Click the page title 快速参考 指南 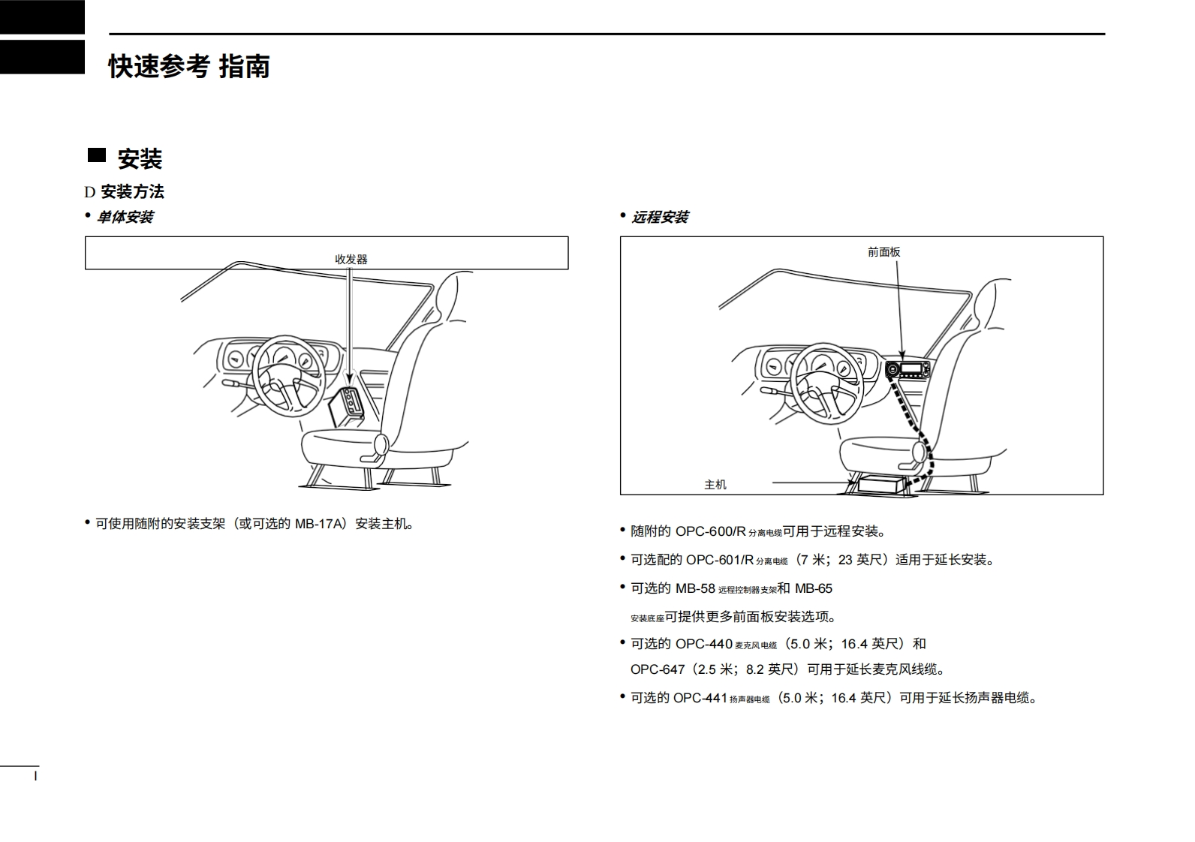189,66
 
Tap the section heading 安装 140,158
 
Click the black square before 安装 97,155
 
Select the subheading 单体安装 125,217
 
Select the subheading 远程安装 660,217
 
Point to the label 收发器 351,259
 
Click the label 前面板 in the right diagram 883,252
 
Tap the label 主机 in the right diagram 715,485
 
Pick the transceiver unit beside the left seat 347,405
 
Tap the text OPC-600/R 710,531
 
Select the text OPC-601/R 719,560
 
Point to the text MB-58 695,588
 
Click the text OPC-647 658,669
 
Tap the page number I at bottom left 35,776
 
